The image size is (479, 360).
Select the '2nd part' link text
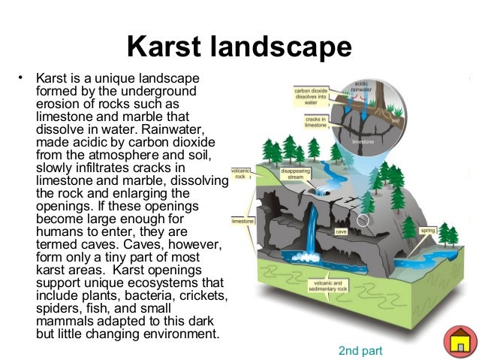coord(360,349)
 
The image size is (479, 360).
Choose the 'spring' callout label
coord(428,230)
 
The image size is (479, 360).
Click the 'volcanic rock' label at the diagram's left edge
coord(240,174)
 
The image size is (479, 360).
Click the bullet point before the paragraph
coord(22,77)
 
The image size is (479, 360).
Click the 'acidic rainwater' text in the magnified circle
coord(361,86)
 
